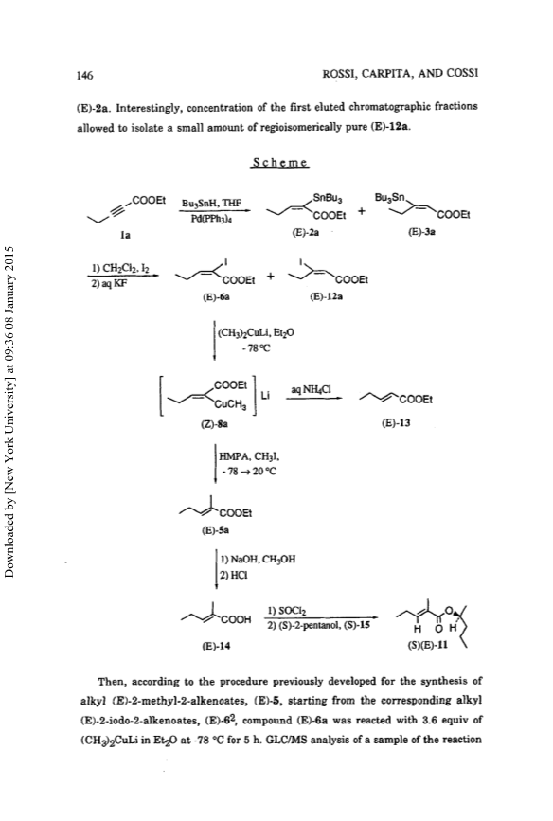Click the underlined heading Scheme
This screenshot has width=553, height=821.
tap(279, 162)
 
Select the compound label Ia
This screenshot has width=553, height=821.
tap(125, 235)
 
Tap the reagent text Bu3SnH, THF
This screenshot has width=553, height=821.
tap(211, 203)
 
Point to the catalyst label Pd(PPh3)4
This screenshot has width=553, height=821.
tap(211, 219)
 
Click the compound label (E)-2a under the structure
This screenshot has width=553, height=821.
tap(306, 233)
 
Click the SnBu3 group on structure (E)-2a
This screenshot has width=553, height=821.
tap(328, 199)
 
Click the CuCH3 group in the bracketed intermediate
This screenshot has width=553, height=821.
tap(229, 403)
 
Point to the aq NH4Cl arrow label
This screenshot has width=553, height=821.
tap(311, 389)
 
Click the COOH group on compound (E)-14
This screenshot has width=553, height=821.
tap(236, 620)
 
